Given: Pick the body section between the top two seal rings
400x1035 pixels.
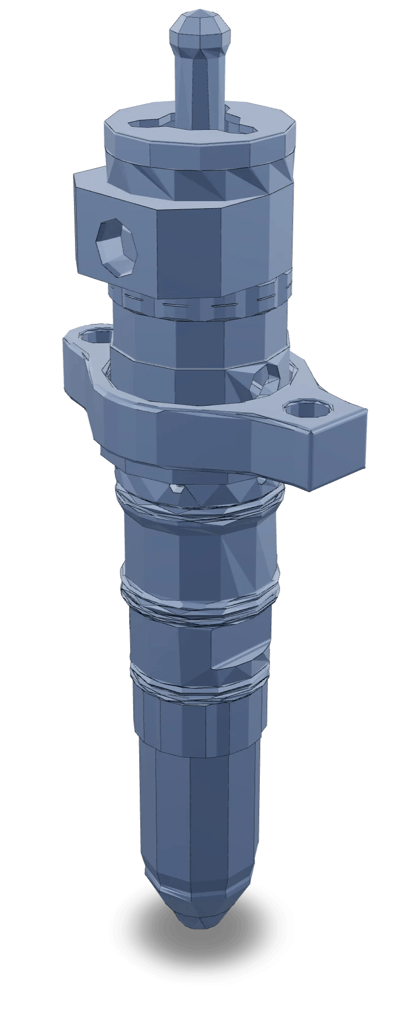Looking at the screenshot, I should (199, 551).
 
